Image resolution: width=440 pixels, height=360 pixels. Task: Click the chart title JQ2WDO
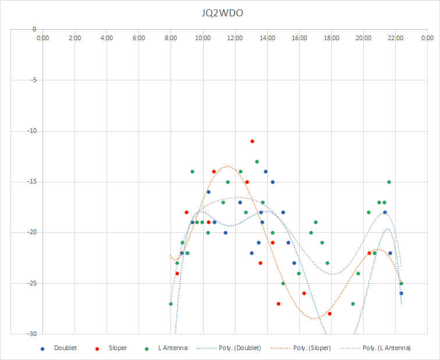point(222,13)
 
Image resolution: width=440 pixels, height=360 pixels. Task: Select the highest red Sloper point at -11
point(252,141)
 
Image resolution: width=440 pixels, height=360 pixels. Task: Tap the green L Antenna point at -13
point(257,161)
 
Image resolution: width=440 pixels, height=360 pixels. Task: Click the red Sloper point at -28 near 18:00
point(330,313)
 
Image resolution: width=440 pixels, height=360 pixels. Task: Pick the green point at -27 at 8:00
point(171,304)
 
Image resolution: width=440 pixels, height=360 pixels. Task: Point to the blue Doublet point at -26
point(401,293)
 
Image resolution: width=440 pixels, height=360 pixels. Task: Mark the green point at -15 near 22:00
point(389,182)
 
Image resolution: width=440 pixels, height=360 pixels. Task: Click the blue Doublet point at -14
point(265,172)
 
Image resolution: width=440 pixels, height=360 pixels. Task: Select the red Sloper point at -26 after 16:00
point(304,293)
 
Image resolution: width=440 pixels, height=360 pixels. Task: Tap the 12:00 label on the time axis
point(235,38)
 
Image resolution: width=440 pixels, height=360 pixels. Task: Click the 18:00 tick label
point(331,38)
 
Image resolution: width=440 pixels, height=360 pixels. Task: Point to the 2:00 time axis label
point(74,38)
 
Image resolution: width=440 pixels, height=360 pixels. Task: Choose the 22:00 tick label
point(395,38)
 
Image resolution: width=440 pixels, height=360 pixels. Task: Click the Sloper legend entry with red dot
point(111,348)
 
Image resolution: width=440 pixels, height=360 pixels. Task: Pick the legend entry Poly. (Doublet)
point(229,348)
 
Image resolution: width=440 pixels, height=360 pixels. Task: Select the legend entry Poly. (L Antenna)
point(375,348)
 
